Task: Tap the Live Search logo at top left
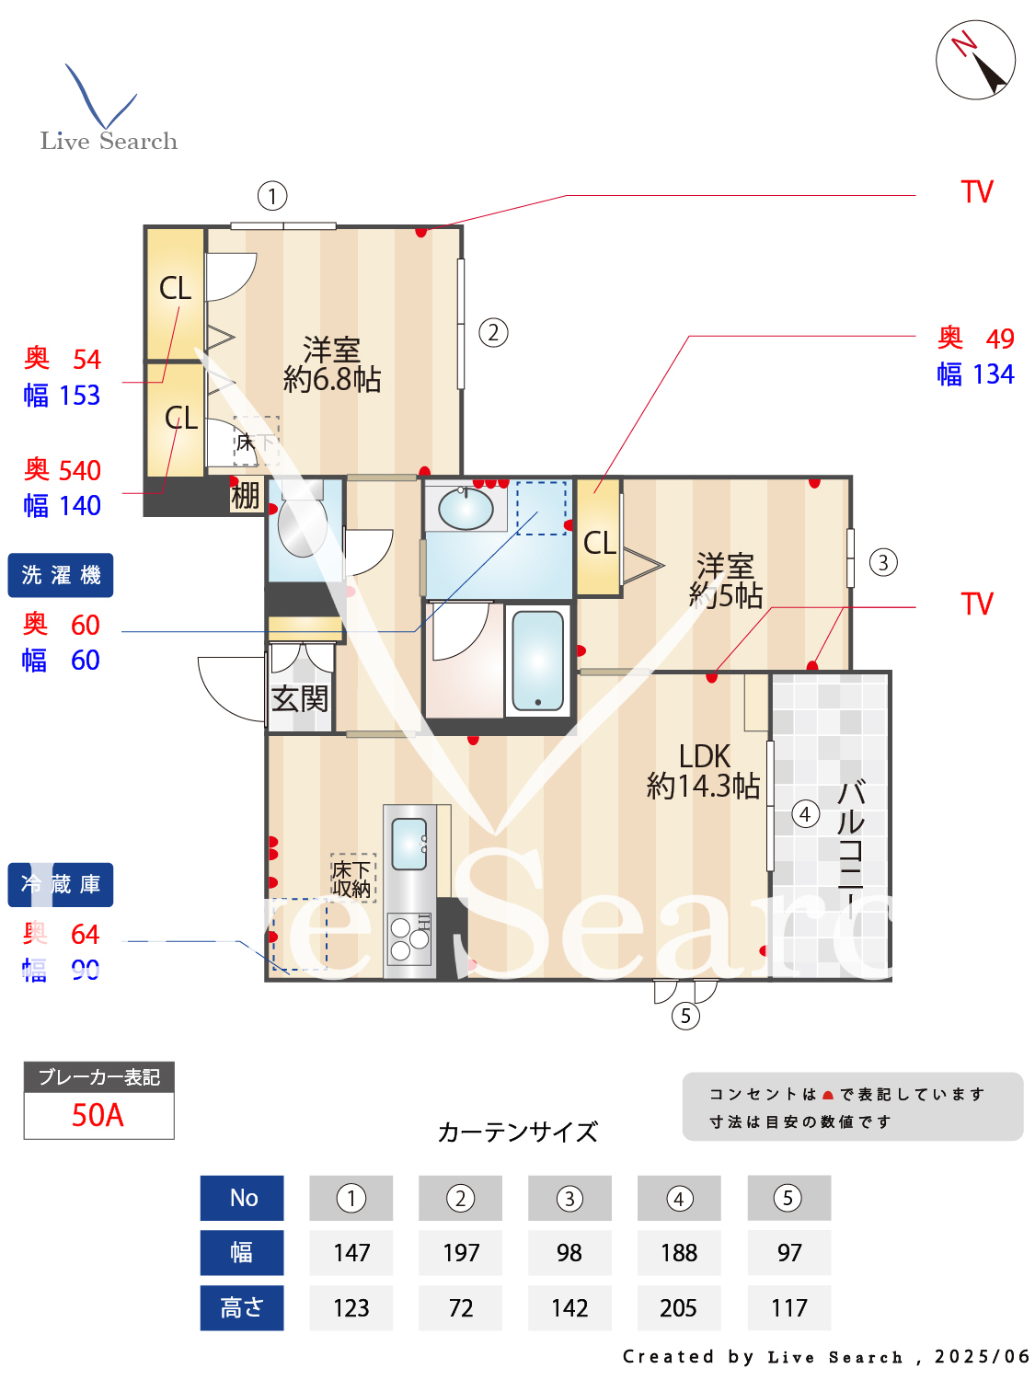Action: point(108,110)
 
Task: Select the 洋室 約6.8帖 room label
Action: point(331,364)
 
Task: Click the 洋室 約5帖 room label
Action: point(726,581)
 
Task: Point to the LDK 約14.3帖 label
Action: point(703,771)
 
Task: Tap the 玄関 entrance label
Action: point(299,699)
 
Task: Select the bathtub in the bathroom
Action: point(537,661)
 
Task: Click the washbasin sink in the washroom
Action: point(466,509)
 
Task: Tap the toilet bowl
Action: point(302,527)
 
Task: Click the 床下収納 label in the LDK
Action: point(352,879)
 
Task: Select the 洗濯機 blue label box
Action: point(61,575)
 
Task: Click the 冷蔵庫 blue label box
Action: point(61,885)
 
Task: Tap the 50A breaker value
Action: point(98,1115)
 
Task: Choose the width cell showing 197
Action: point(460,1253)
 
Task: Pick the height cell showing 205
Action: point(678,1308)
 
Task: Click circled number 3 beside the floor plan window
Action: point(883,562)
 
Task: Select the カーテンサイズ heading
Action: point(517,1132)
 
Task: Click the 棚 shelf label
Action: point(245,496)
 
